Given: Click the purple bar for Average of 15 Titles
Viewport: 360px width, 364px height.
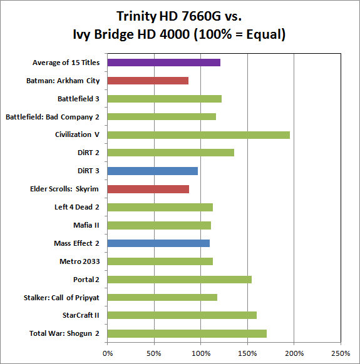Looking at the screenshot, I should click(163, 63).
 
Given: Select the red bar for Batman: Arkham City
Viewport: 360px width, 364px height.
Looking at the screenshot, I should click(148, 81).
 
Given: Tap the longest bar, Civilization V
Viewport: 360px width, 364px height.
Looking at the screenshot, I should click(198, 134).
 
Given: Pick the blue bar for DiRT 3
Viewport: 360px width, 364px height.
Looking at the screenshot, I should click(152, 171).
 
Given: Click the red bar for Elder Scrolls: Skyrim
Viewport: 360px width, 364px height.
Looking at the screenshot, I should click(148, 189).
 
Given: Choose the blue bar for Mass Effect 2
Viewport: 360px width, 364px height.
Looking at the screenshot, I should click(158, 243).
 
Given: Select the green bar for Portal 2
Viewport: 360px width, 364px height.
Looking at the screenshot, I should click(179, 280).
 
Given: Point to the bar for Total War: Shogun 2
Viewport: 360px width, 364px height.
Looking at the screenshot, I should click(187, 333).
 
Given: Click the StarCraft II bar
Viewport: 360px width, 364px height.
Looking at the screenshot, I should click(182, 315).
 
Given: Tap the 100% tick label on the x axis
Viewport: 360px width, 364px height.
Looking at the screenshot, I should click(201, 353).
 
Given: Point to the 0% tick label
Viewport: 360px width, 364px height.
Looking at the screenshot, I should click(108, 353).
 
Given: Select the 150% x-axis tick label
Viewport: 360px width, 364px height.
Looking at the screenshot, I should click(248, 353).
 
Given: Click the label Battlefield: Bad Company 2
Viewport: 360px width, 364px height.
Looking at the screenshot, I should click(53, 116).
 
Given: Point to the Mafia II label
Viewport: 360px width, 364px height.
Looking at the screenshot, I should click(86, 225).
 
